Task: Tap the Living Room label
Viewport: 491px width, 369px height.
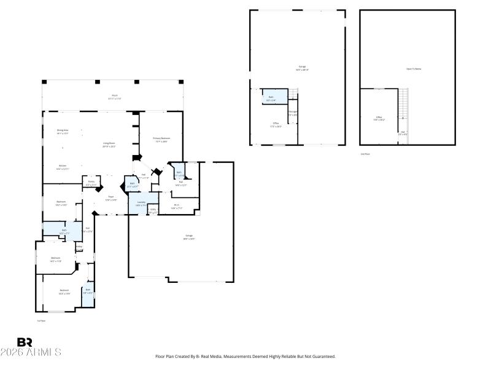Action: pos(109,145)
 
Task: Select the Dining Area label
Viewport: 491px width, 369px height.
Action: pos(63,131)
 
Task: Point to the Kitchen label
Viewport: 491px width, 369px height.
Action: pos(63,167)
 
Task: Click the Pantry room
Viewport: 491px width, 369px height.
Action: pos(91,182)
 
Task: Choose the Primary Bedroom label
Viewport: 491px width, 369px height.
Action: pos(161,140)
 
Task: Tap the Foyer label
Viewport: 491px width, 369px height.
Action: pos(111,198)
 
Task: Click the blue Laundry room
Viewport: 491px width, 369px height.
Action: pos(141,203)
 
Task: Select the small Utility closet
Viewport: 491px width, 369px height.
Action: pos(153,211)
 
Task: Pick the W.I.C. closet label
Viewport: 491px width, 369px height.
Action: pos(177,206)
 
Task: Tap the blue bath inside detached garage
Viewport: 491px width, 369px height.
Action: pos(271,98)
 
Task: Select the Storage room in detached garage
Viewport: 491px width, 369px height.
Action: pos(293,113)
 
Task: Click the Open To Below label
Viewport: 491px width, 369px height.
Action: pos(414,69)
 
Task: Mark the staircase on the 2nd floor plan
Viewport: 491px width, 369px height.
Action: pos(403,108)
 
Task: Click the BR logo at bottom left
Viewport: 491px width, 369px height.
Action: pos(25,343)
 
